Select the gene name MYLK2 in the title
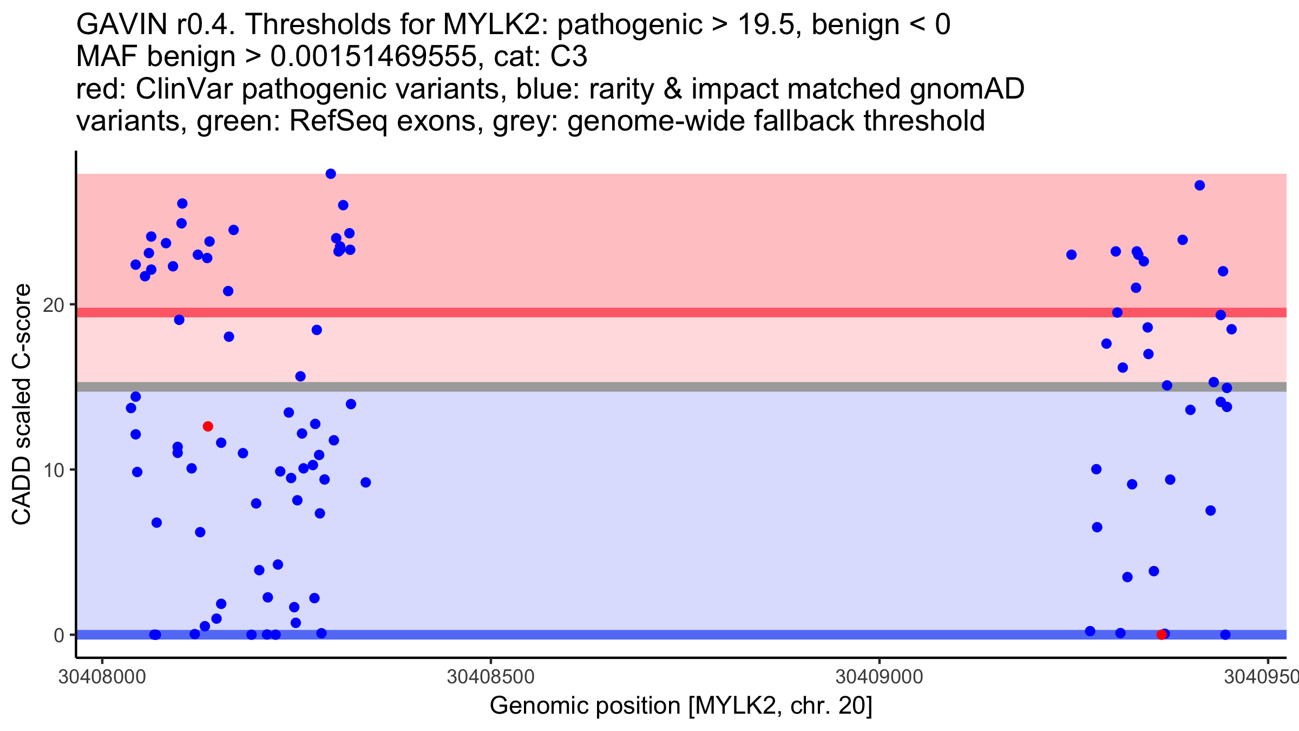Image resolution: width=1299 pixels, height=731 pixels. coord(489,24)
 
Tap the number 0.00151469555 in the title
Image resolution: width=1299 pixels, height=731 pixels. coord(373,56)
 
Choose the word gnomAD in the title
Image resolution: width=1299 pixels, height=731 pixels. coord(967,89)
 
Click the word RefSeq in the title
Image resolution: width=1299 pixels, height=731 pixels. coord(338,121)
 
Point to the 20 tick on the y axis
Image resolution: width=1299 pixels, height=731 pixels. coord(54,305)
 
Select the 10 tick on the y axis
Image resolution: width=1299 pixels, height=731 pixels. coord(54,470)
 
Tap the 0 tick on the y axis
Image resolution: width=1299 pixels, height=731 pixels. coord(59,635)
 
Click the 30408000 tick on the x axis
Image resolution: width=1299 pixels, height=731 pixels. coord(102,677)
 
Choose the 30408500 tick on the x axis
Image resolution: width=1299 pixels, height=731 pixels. coord(490,677)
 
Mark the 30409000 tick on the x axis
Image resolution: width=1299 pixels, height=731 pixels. coord(879,677)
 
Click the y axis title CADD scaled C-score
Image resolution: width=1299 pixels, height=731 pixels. coord(22,404)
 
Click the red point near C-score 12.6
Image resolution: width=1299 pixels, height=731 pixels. coord(208,427)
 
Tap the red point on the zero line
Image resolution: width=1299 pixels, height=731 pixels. coord(1162,635)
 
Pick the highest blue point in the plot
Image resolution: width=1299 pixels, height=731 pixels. coord(331,174)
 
